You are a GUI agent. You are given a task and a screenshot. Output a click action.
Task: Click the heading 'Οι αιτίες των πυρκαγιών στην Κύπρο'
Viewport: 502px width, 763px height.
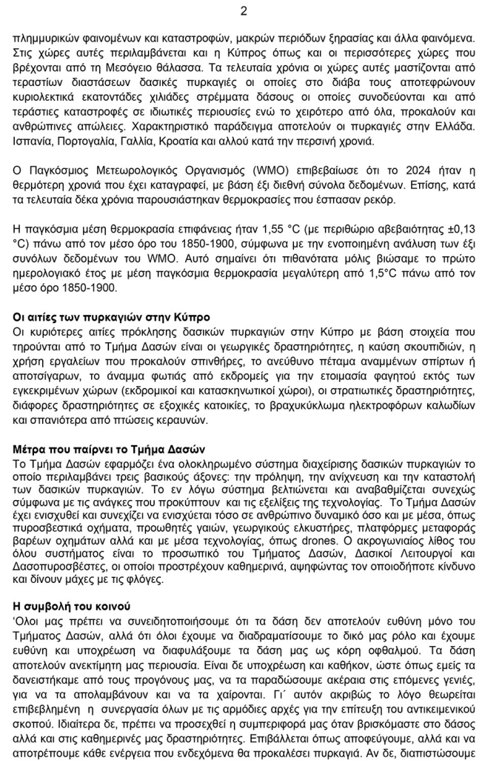(x=111, y=318)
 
